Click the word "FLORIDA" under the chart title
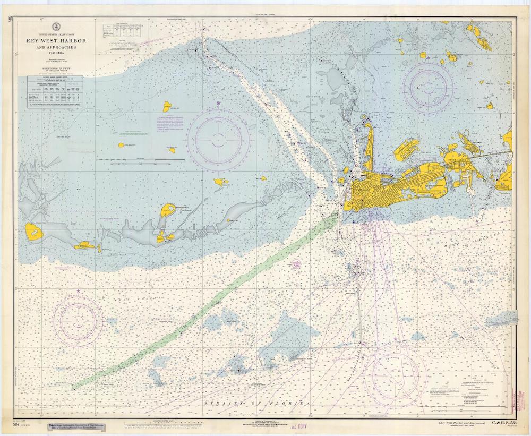pyautogui.click(x=56, y=52)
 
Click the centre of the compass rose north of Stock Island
pyautogui.click(x=428, y=86)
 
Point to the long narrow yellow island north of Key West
pyautogui.click(x=370, y=141)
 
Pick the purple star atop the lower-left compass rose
pyautogui.click(x=78, y=292)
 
